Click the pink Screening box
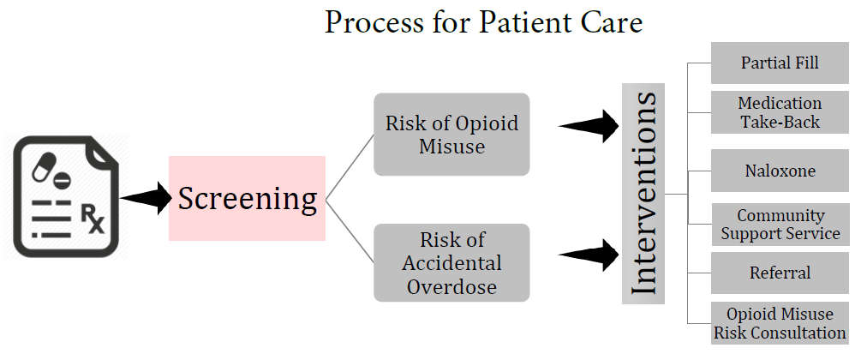pos(247,198)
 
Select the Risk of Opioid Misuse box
pos(451,135)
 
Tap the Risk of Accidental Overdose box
pos(451,262)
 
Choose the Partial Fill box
pos(780,63)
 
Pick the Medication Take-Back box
pos(780,112)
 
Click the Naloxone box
pos(780,171)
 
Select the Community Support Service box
pos(780,225)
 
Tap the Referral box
pos(780,273)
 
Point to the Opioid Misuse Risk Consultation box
pos(780,323)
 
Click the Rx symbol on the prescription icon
pos(93,219)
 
